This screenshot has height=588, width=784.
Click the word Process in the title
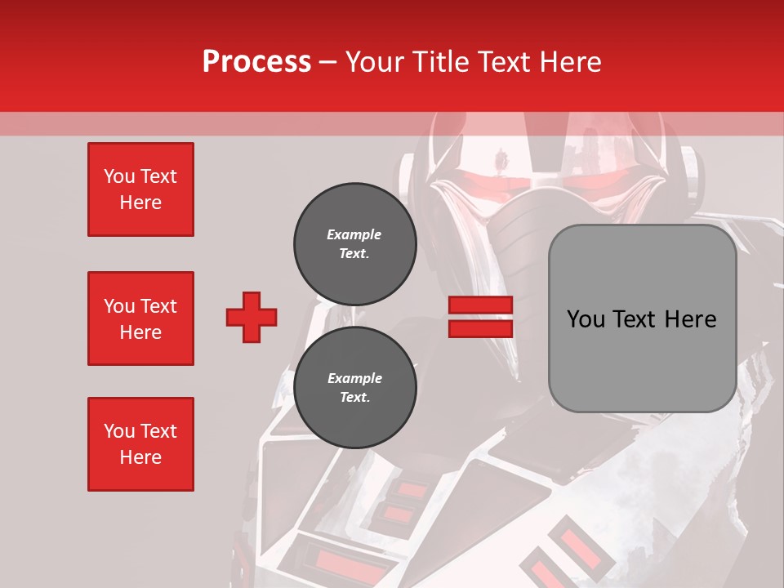(256, 61)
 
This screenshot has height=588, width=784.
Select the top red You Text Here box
(140, 189)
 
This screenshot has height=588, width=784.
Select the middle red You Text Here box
(140, 318)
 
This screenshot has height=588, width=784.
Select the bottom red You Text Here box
(140, 444)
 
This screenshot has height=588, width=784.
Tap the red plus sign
(252, 317)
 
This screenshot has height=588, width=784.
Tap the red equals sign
(480, 317)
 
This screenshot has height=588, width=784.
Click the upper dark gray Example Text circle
(354, 243)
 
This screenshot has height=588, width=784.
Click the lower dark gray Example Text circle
(354, 387)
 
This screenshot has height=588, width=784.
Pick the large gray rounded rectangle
(642, 318)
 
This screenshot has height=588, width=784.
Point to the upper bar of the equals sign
(480, 305)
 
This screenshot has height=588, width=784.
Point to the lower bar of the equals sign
(480, 328)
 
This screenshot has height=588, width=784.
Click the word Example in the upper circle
(354, 234)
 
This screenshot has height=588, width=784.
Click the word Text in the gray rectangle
(640, 319)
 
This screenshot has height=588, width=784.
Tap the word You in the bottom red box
(119, 431)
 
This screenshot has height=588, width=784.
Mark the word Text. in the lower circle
(354, 398)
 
